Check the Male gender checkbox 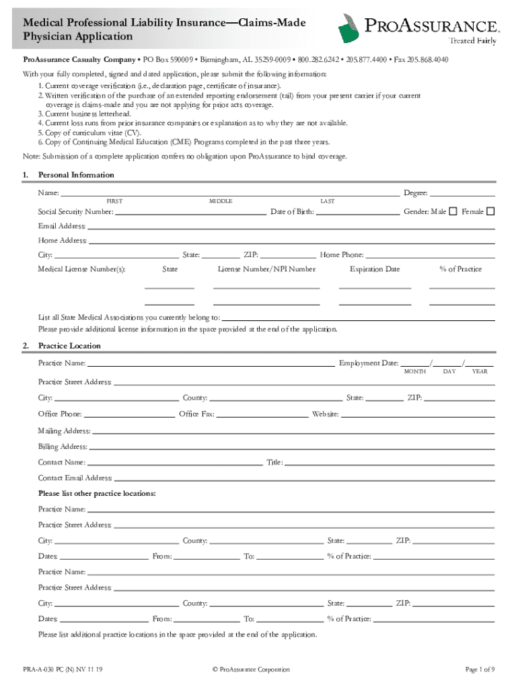click(453, 211)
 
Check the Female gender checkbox click(490, 211)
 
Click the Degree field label click(416, 193)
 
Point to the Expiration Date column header click(375, 269)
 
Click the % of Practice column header click(461, 269)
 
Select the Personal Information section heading click(76, 175)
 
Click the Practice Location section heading click(69, 346)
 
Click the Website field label click(325, 414)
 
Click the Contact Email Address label click(75, 478)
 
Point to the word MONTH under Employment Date click(414, 372)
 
